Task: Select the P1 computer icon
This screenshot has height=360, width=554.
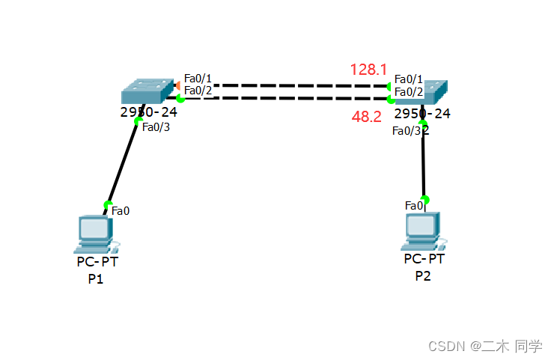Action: click(x=97, y=234)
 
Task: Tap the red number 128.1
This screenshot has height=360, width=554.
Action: click(x=368, y=70)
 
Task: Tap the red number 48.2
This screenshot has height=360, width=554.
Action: click(x=367, y=117)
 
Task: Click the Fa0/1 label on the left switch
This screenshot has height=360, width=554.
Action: click(x=198, y=78)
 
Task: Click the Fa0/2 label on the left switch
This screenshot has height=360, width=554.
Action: click(x=198, y=91)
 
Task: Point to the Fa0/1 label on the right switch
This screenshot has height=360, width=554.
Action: click(x=409, y=79)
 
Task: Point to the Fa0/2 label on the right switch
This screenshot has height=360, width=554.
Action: click(x=409, y=91)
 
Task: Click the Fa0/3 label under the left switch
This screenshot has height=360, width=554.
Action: click(x=156, y=126)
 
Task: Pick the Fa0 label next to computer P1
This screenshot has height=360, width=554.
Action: click(x=121, y=210)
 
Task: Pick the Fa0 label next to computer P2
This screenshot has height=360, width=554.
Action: click(x=414, y=205)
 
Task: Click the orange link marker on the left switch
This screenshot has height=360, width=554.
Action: click(x=177, y=85)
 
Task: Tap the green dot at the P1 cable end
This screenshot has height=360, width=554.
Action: click(x=108, y=204)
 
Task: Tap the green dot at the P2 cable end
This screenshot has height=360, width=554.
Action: click(x=425, y=199)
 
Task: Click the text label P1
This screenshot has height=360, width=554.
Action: click(x=95, y=279)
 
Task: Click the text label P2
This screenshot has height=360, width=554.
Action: click(x=423, y=275)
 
